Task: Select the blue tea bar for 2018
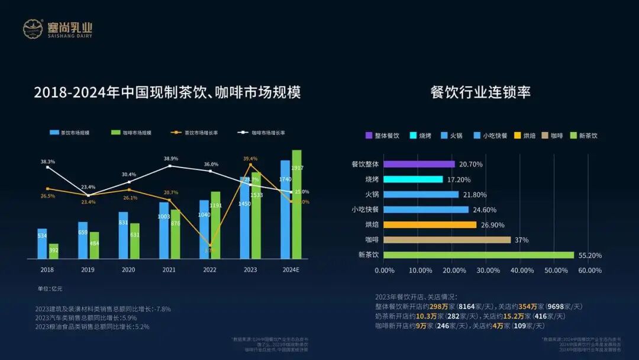tap(42, 244)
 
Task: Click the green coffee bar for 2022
tap(215, 225)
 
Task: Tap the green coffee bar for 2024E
tap(296, 204)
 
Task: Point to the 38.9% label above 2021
tap(170, 159)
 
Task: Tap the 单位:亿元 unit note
tap(50, 288)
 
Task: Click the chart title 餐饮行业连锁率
tap(480, 92)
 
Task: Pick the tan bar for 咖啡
tap(447, 240)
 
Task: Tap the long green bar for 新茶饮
tap(479, 255)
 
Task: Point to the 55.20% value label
tap(589, 255)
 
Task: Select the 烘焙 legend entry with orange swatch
tap(527, 136)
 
